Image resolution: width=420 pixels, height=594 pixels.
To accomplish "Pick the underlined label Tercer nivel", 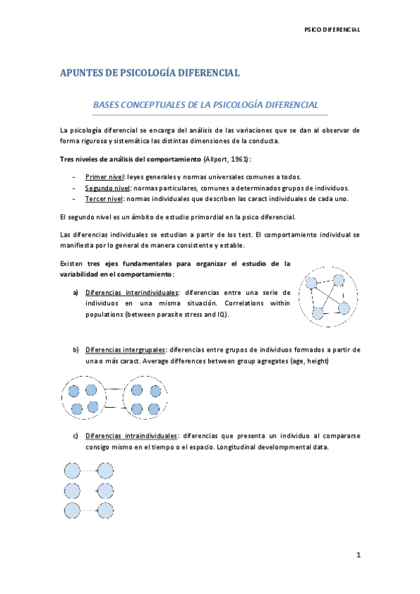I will [104, 198].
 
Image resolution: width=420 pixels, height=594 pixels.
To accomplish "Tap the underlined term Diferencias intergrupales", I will [126, 349].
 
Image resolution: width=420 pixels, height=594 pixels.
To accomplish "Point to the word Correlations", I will [248, 303].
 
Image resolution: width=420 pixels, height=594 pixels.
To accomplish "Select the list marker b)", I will [76, 349].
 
